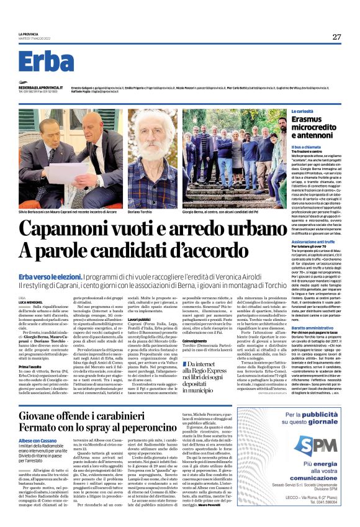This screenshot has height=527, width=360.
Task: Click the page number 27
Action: (x=336, y=37)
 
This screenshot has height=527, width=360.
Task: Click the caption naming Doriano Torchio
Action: (x=140, y=212)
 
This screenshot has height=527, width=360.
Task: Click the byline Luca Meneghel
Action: (x=30, y=302)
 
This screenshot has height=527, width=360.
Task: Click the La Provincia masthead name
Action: (x=29, y=34)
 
